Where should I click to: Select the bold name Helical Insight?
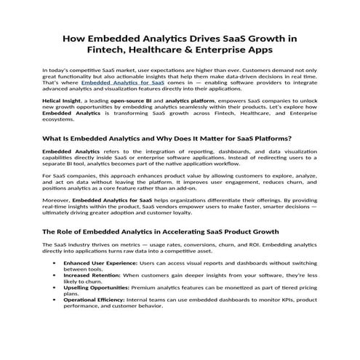pos(61,103)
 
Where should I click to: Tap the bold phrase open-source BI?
pos(125,103)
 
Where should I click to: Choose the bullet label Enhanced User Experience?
pos(97,262)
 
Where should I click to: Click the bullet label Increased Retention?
pos(91,276)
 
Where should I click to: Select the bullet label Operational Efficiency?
pos(95,300)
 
